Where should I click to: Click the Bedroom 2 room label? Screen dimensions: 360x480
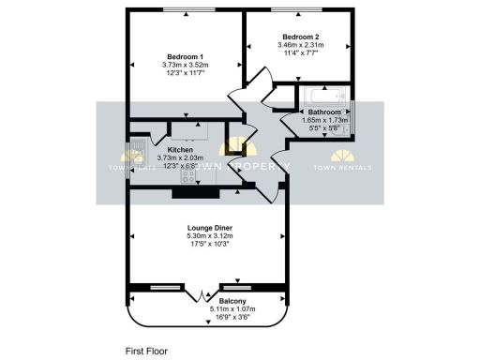(300, 36)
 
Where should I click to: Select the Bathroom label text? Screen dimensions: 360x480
(324, 112)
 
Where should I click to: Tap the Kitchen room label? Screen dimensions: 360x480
(180, 150)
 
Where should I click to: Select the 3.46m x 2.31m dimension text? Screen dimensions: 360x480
(300, 45)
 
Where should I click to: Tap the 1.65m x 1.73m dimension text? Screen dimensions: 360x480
(324, 120)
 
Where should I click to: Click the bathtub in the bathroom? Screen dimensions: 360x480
(323, 95)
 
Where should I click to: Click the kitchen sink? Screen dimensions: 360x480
(138, 148)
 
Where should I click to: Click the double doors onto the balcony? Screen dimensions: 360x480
(205, 293)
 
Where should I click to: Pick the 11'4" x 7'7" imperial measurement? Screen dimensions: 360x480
(300, 53)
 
